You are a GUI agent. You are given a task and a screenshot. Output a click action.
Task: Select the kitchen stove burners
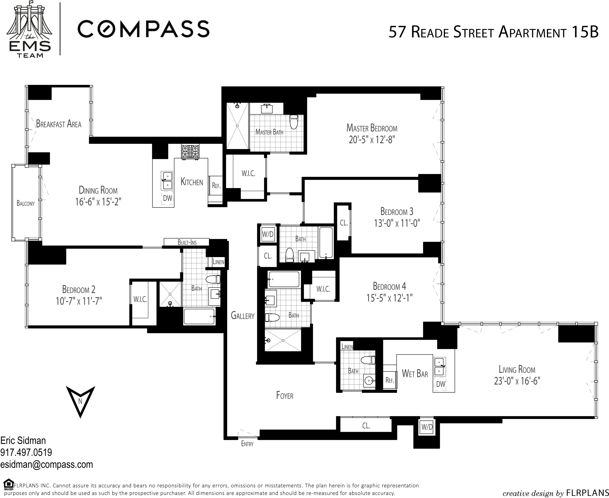pos(190,151)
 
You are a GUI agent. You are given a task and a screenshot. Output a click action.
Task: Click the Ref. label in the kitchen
pos(216,186)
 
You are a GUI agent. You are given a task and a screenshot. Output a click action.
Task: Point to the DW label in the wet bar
pos(441,384)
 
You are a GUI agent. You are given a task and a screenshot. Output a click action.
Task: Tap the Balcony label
pos(26,203)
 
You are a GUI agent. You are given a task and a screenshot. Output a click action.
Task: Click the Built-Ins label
pos(187,242)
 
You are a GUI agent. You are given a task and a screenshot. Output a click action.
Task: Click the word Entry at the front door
pos(247,444)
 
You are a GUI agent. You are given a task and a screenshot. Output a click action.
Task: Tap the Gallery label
pos(242,316)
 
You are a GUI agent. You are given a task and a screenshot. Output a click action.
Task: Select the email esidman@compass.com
pos(47,464)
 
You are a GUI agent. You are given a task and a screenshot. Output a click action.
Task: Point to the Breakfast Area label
pos(59,124)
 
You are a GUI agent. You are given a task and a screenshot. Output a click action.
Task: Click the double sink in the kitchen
pos(167,180)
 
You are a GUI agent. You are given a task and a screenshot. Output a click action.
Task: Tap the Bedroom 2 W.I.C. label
pos(140,299)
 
